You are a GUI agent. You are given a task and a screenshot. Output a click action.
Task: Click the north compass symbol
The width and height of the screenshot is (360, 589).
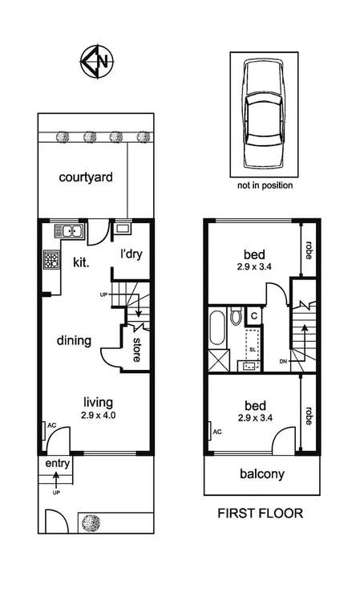click(96, 62)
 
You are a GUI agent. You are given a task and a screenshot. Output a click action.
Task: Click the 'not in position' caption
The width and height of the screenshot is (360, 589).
click(265, 185)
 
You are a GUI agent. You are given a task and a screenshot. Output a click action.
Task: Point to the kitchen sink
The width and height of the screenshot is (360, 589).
click(71, 232)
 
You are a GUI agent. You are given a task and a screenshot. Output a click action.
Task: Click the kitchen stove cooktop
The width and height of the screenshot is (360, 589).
click(52, 260)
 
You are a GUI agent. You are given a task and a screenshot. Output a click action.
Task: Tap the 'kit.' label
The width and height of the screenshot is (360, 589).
click(81, 262)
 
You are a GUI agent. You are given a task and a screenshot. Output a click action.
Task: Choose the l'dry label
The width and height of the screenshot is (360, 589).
click(131, 254)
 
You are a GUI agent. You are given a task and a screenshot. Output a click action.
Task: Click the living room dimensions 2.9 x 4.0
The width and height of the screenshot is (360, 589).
click(99, 416)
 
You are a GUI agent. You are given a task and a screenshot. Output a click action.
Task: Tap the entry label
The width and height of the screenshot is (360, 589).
click(57, 465)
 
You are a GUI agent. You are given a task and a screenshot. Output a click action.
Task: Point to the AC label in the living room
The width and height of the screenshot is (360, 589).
click(49, 426)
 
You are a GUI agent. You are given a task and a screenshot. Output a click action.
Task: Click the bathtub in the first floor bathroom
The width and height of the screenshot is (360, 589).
click(216, 329)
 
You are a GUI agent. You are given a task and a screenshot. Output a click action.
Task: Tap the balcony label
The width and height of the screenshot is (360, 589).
click(262, 474)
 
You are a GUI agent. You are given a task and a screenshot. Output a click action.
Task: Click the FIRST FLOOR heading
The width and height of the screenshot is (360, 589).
click(261, 514)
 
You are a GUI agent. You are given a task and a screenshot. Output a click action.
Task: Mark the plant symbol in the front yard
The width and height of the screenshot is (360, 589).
click(90, 522)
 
